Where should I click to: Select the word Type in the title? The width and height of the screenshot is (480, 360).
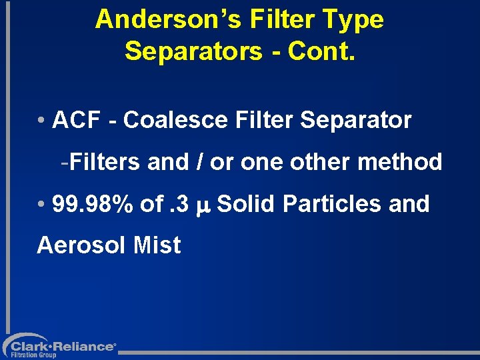(357, 20)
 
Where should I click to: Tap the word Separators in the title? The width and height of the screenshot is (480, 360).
(193, 51)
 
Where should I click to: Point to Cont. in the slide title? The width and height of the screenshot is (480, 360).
(322, 51)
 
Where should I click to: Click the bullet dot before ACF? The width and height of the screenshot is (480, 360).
(41, 121)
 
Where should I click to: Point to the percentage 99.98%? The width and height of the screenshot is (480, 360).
(93, 204)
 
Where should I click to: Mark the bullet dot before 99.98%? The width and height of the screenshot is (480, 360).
(41, 205)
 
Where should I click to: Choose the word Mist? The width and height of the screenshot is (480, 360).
(157, 245)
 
